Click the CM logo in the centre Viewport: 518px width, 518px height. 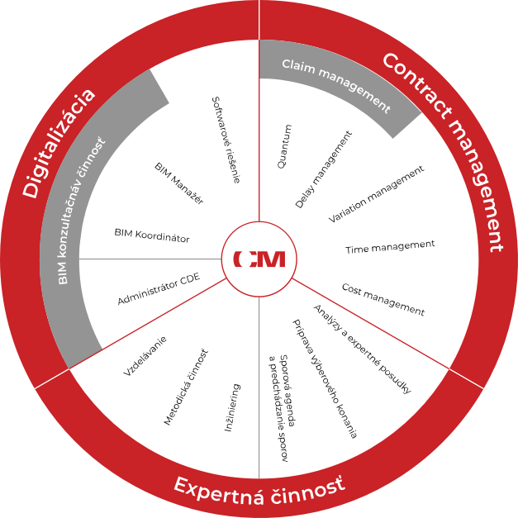point(259,259)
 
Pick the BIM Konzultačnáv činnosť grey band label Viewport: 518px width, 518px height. point(82,211)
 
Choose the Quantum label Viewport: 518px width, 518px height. point(285,146)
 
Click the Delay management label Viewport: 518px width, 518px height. point(324,169)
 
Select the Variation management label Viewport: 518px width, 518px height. point(376,194)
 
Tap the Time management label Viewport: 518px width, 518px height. point(390,246)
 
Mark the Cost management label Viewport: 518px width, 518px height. point(383,299)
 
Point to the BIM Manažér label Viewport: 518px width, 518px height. point(179,183)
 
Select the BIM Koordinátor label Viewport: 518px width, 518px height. point(152,235)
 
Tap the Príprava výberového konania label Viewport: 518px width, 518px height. point(325,378)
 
